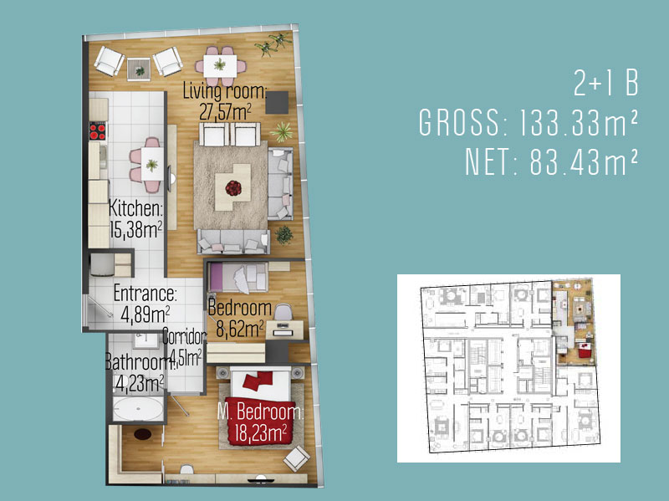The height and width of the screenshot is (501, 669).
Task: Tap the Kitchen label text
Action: [x=135, y=208]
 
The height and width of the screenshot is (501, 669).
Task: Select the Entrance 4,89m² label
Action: [x=145, y=304]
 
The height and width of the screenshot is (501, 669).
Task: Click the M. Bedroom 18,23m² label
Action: [x=260, y=422]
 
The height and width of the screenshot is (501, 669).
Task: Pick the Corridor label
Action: [x=185, y=337]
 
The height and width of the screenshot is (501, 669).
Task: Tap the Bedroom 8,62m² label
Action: [x=240, y=319]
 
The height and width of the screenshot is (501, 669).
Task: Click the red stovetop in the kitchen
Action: [x=98, y=131]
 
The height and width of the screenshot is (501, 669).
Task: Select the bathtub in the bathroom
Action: [x=138, y=410]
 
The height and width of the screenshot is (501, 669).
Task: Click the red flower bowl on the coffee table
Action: [x=233, y=187]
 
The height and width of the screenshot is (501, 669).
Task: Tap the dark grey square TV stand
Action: [x=277, y=102]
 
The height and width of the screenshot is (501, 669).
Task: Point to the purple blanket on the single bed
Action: [x=216, y=277]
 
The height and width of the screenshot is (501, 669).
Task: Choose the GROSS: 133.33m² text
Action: [x=529, y=122]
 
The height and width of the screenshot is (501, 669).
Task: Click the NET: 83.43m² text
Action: [x=551, y=161]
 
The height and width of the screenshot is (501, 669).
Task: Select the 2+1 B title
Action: [x=605, y=83]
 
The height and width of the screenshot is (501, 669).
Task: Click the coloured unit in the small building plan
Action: [x=573, y=321]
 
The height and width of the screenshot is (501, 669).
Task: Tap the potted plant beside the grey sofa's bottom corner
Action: [x=283, y=235]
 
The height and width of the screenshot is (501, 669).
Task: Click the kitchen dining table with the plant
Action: [x=152, y=164]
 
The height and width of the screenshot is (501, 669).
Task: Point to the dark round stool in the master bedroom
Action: [x=142, y=434]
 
